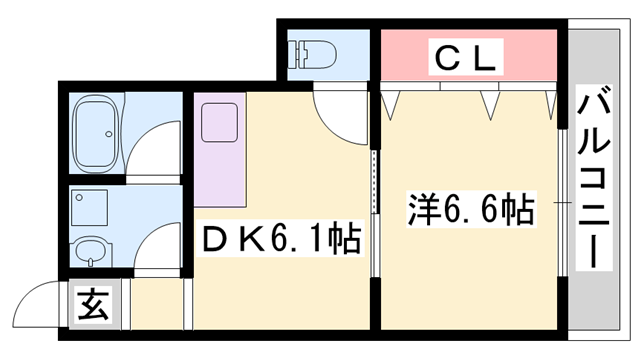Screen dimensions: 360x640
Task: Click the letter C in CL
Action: click(x=444, y=60)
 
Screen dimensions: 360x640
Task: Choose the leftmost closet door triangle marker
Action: click(x=391, y=99)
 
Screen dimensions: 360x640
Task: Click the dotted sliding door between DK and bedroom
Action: click(x=376, y=180)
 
